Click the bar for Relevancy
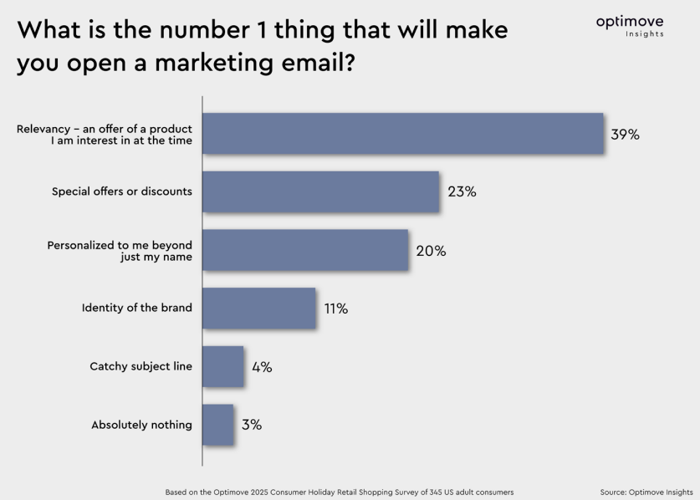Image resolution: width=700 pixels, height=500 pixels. click(402, 133)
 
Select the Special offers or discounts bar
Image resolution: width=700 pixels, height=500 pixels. click(320, 191)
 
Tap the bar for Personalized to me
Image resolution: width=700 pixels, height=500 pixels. click(305, 250)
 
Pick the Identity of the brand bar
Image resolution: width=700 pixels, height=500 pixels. click(259, 309)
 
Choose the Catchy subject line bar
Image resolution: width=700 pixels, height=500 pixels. click(223, 367)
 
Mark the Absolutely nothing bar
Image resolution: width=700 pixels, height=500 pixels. click(218, 425)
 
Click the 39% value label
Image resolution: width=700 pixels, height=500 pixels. click(625, 134)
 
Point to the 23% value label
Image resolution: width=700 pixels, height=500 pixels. click(462, 191)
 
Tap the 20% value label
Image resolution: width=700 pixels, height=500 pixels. click(431, 251)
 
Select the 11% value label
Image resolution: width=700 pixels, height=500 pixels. click(336, 309)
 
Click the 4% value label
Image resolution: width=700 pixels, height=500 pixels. click(262, 367)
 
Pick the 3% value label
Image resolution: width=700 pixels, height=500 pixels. click(252, 425)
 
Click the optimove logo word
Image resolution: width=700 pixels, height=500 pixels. click(630, 22)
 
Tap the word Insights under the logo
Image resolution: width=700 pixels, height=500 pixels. click(645, 34)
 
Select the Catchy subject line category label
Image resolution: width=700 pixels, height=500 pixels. click(141, 367)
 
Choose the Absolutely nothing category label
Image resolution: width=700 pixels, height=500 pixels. click(141, 425)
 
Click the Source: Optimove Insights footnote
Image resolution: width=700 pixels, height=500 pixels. click(646, 492)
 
